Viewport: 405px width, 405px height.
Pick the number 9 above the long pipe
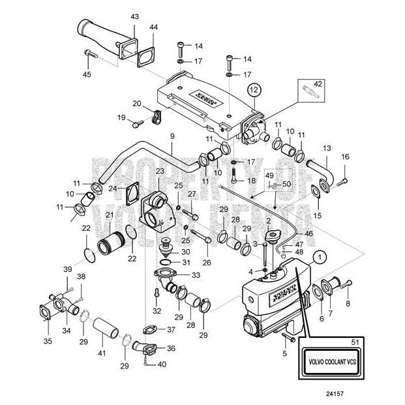pyautogui.click(x=173, y=136)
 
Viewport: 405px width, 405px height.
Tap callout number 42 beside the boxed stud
pyautogui.click(x=318, y=84)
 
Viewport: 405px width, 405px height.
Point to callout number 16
pyautogui.click(x=346, y=157)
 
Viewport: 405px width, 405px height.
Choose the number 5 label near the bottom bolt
pyautogui.click(x=284, y=354)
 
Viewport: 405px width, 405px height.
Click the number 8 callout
pyautogui.click(x=348, y=303)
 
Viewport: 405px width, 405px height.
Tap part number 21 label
pyautogui.click(x=110, y=216)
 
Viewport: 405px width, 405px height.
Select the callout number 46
pyautogui.click(x=308, y=233)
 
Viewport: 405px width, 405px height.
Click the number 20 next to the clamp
pyautogui.click(x=137, y=103)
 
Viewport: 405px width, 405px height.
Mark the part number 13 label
pyautogui.click(x=327, y=149)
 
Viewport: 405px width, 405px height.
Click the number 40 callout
pyautogui.click(x=162, y=364)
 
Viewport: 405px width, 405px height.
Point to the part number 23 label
pyautogui.click(x=160, y=172)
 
